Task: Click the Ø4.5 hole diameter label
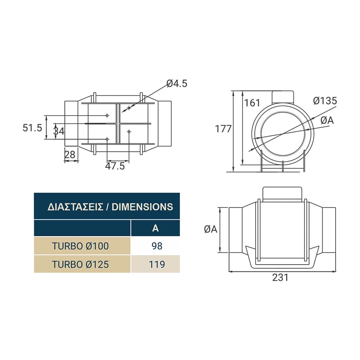tap(177, 84)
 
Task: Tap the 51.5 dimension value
tap(32, 128)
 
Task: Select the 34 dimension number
tap(59, 131)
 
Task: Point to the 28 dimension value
tap(70, 155)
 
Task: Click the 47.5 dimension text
tap(115, 166)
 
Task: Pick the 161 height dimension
tap(252, 103)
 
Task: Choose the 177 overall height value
tap(223, 129)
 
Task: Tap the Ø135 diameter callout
tap(325, 101)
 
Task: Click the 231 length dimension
tap(280, 277)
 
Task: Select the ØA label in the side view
tap(211, 229)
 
